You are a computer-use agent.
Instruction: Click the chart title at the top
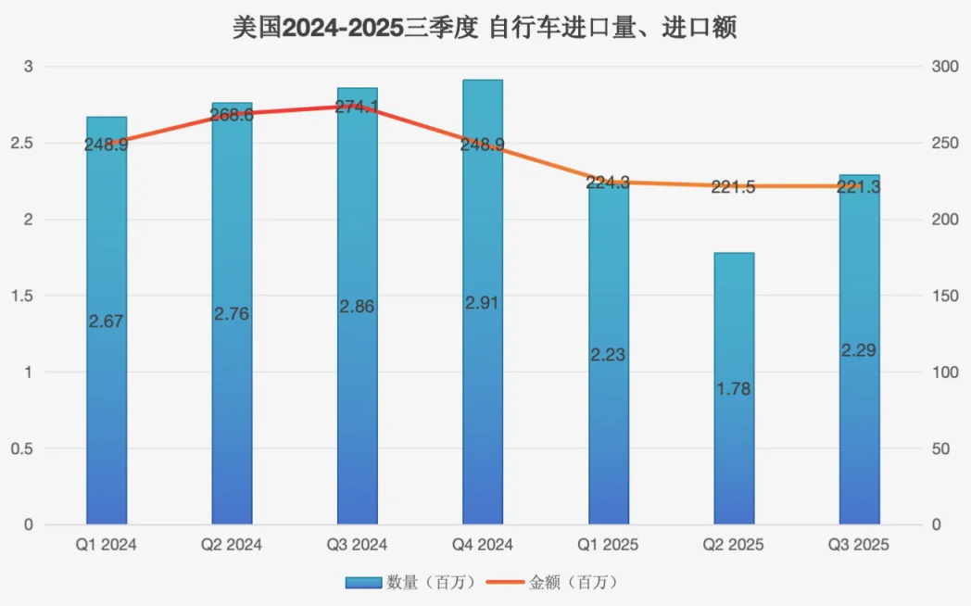click(485, 28)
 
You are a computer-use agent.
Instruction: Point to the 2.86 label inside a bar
click(358, 307)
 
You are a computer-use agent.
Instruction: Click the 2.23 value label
click(609, 355)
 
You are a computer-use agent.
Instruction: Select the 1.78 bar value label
click(734, 388)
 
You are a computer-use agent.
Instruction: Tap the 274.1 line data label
click(358, 107)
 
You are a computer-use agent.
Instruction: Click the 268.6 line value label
click(232, 115)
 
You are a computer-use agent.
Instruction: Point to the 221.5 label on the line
click(734, 187)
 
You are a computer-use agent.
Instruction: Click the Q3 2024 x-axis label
click(358, 545)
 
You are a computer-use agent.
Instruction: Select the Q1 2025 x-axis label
click(609, 545)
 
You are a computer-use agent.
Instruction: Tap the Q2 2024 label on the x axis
click(232, 545)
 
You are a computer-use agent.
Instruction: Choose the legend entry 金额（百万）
click(560, 583)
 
